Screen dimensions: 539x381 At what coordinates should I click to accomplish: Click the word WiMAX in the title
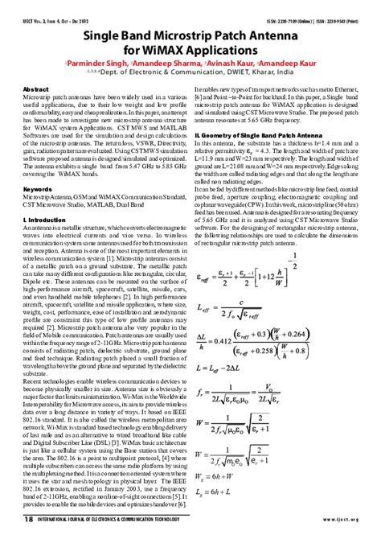pyautogui.click(x=168, y=51)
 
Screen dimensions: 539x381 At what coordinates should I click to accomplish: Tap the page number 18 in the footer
pyautogui.click(x=29, y=520)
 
